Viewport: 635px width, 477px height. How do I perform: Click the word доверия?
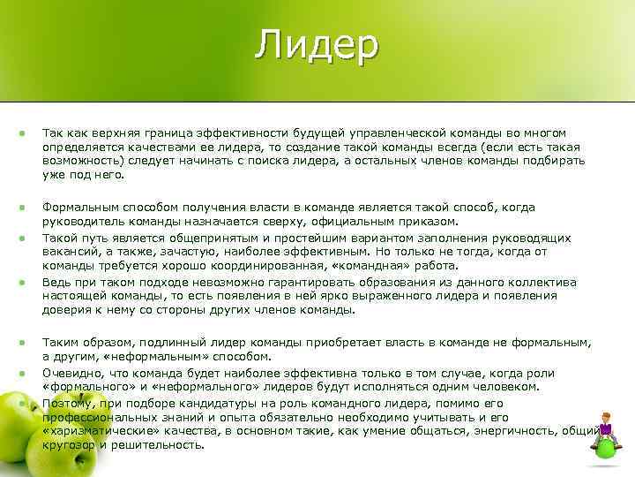(x=65, y=310)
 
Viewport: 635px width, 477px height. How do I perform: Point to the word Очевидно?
(x=70, y=373)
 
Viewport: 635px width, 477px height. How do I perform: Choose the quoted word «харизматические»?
(x=99, y=431)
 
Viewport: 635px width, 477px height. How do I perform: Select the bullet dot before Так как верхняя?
(x=20, y=132)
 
